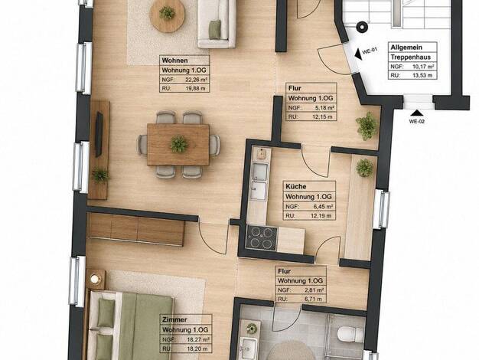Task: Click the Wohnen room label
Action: click(174, 61)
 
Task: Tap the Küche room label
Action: click(295, 186)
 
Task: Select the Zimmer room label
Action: click(174, 319)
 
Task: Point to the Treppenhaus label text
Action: click(411, 57)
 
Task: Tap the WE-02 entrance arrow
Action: click(417, 113)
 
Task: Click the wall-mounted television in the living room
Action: click(99, 135)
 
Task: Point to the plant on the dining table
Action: click(179, 144)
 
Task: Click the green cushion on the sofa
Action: click(215, 29)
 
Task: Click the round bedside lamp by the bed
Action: click(95, 280)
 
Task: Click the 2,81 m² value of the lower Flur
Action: click(314, 290)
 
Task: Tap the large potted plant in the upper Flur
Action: click(367, 126)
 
